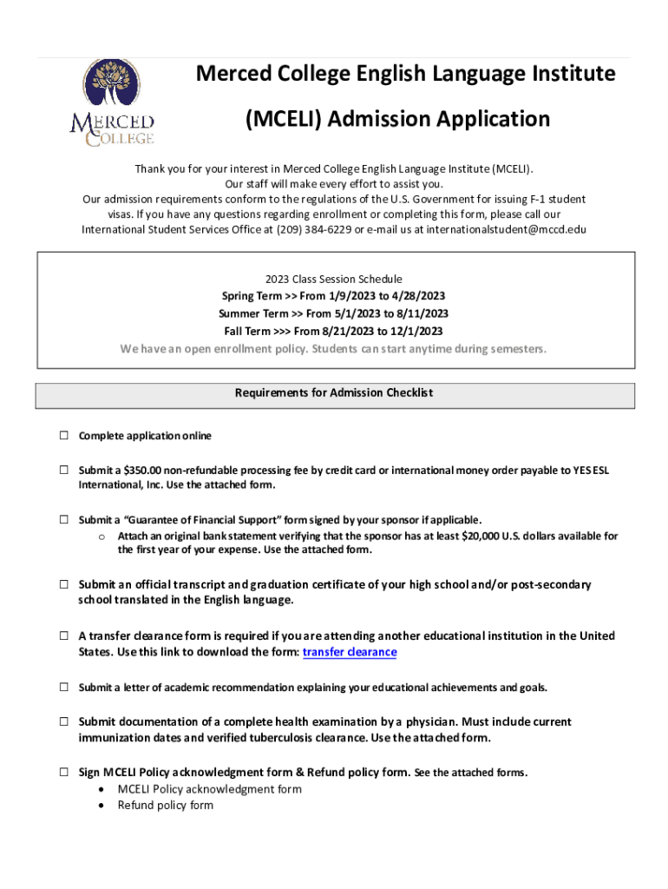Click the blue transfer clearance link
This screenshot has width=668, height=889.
(x=349, y=652)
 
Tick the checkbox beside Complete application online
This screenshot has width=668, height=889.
(x=64, y=435)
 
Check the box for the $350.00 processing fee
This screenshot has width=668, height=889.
(x=64, y=470)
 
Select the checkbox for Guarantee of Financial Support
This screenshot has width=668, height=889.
(x=64, y=519)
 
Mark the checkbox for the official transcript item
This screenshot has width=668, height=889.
(x=64, y=584)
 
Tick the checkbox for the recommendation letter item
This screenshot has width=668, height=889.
(x=64, y=687)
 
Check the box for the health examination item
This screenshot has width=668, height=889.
(x=64, y=721)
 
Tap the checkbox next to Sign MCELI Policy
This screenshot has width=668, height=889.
(x=64, y=771)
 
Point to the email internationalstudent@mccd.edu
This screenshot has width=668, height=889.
(x=506, y=230)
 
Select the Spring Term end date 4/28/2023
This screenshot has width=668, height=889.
(x=411, y=296)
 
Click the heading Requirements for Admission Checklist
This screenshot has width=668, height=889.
(x=334, y=393)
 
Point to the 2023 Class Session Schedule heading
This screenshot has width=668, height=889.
(x=334, y=279)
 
